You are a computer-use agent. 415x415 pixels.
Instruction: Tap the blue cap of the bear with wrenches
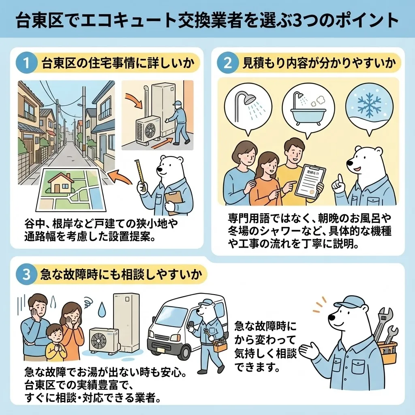coord(348,302)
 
